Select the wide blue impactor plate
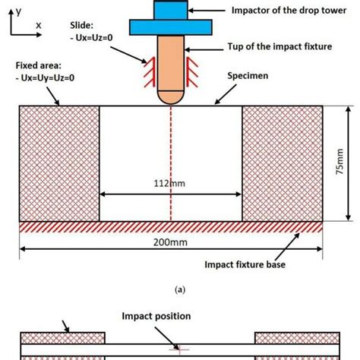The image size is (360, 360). tap(171, 26)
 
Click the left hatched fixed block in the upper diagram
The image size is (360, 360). tap(59, 163)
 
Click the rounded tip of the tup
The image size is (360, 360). tap(171, 97)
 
